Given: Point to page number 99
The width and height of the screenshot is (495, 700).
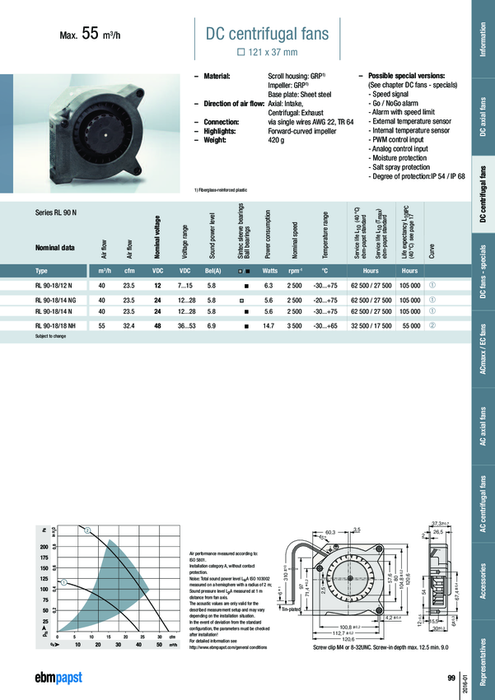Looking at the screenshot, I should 451,677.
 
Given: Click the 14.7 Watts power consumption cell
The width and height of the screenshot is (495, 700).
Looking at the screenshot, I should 269,327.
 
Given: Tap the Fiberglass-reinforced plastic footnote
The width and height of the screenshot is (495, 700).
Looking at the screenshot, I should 221,190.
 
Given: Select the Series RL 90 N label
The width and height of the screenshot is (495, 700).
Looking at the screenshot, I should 56,212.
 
